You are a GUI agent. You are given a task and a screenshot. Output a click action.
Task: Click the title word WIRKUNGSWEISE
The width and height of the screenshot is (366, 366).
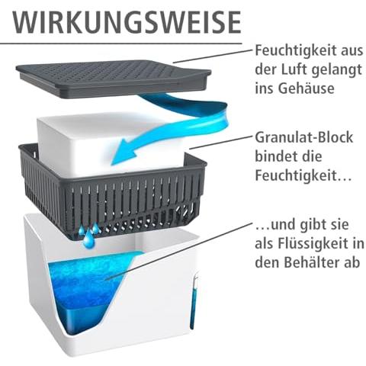127,22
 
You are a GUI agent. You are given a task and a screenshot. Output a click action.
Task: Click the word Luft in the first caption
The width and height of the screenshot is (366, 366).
292,69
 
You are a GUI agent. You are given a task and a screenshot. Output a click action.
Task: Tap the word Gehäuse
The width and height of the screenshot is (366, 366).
306,88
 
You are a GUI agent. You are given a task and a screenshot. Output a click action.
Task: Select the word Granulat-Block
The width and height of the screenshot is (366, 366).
304,138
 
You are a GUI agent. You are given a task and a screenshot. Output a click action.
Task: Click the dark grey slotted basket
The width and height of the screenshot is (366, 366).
112,191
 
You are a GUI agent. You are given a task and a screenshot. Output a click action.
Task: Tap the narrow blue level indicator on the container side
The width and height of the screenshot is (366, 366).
193,303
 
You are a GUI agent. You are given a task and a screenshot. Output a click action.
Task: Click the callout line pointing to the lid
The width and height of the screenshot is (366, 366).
213,56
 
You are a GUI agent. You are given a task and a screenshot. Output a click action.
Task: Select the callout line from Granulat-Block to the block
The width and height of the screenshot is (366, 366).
221,143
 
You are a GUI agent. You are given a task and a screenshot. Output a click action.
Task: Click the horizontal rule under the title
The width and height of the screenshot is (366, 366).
120,43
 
